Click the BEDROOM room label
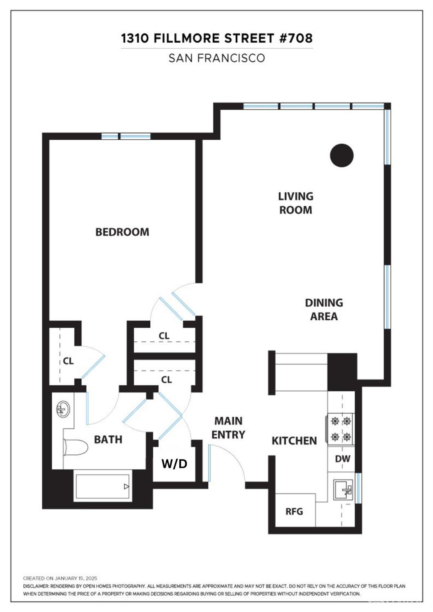[x=122, y=232]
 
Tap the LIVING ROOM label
[x=296, y=203]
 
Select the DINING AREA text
[x=324, y=310]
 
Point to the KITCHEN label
[x=294, y=441]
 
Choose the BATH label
[x=108, y=440]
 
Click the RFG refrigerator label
[x=294, y=511]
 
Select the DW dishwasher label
[x=343, y=459]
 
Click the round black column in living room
[x=342, y=155]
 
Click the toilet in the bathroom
[x=75, y=447]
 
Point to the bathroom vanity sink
[x=63, y=409]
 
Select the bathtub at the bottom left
[x=103, y=487]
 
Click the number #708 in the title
[x=296, y=38]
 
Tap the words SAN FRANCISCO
[x=217, y=58]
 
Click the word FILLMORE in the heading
[x=187, y=38]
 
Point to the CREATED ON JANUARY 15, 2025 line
[x=60, y=578]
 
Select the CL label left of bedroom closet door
[x=68, y=361]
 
